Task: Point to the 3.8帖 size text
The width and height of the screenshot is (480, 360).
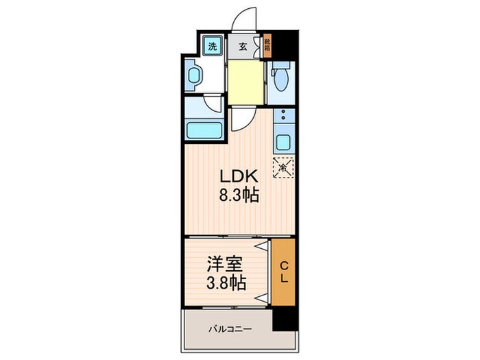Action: tap(223, 281)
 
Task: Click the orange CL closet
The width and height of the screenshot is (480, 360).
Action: tap(283, 272)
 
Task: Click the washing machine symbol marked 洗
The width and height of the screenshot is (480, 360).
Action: tap(213, 47)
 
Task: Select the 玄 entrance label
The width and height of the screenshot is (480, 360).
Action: tap(243, 47)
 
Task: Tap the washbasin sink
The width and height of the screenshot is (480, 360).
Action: tap(194, 76)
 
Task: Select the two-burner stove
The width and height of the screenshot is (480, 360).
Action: tap(282, 117)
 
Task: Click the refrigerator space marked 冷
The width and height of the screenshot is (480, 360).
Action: tap(283, 166)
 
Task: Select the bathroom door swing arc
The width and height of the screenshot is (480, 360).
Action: tap(213, 104)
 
